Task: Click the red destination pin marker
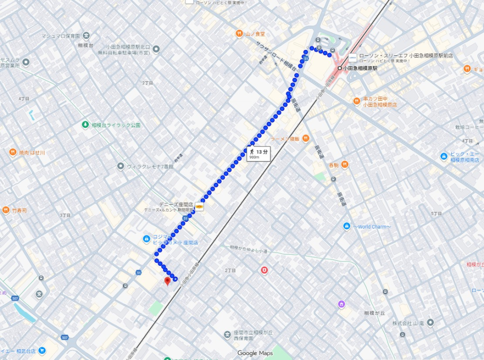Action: tap(167, 282)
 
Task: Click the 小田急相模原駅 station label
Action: tap(360, 68)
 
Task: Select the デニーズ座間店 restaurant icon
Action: tap(199, 206)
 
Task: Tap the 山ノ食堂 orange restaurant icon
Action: tap(240, 34)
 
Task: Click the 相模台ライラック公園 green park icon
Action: tap(85, 125)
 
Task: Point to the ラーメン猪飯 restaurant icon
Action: tap(306, 138)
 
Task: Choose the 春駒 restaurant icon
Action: tap(345, 164)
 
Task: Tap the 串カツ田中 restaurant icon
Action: tap(356, 101)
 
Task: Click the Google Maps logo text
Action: tap(255, 353)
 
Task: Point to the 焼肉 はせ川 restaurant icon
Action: tap(13, 152)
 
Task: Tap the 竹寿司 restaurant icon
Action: tap(6, 210)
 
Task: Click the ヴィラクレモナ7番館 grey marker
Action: tap(121, 166)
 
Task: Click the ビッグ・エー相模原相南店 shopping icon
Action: tap(443, 156)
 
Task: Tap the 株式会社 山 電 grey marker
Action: tap(430, 323)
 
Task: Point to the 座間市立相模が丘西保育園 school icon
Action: tap(227, 335)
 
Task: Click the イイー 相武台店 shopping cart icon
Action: tap(43, 351)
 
